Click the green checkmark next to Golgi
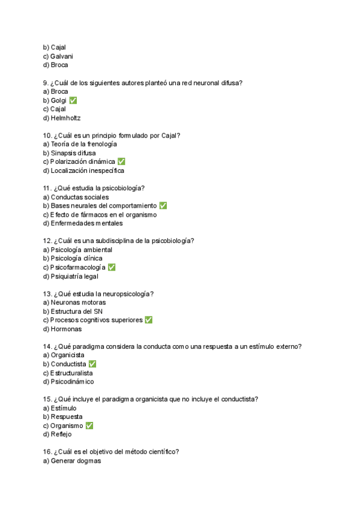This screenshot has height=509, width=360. pos(73,100)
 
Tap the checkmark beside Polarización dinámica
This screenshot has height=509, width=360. pos(121,161)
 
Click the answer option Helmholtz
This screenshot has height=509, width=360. pos(62,118)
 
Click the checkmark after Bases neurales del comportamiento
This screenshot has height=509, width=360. pos(163,206)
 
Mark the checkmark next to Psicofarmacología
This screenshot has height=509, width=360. pos(112,267)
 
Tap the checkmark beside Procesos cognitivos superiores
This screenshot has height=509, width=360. pos(149,320)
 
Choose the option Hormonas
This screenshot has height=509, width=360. pos(62,329)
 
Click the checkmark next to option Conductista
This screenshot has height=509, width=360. pos(92,364)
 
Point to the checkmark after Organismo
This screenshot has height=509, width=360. pos(89,426)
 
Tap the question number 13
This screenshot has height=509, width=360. pos(47,294)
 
